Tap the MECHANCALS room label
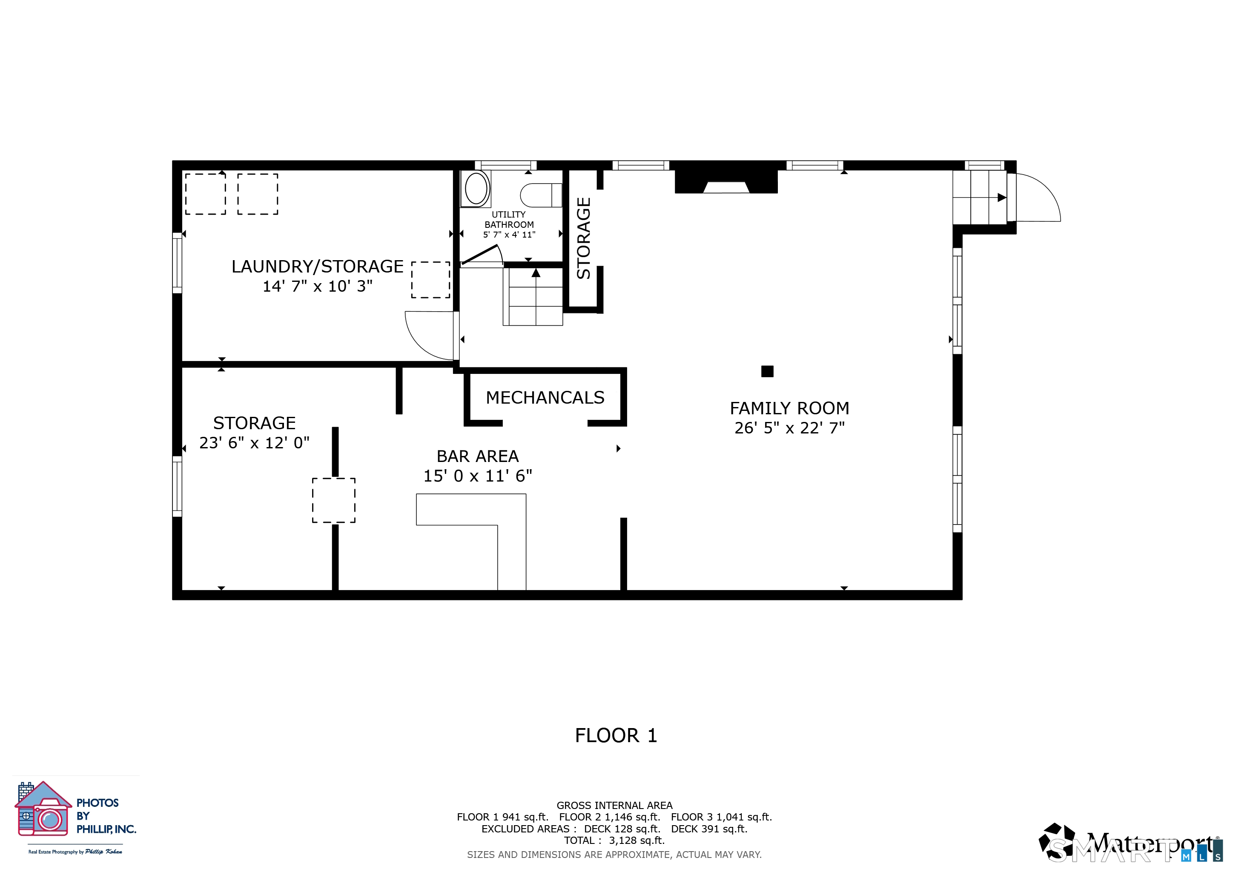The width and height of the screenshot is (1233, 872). click(x=545, y=398)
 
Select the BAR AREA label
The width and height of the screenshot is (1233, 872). click(x=477, y=456)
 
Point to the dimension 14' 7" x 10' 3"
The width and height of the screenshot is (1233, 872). click(x=317, y=287)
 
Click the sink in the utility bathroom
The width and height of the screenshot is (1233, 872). click(x=476, y=189)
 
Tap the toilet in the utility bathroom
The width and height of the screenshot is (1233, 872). click(x=540, y=195)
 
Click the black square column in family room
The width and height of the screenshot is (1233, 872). click(x=767, y=371)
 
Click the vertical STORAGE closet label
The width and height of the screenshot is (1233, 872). click(x=584, y=238)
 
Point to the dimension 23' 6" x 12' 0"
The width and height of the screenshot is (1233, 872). click(x=254, y=443)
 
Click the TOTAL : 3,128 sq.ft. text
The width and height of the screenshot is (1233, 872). click(x=614, y=840)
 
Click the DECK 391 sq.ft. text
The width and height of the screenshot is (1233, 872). click(x=709, y=829)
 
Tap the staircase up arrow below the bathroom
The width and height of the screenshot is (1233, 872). click(x=536, y=273)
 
